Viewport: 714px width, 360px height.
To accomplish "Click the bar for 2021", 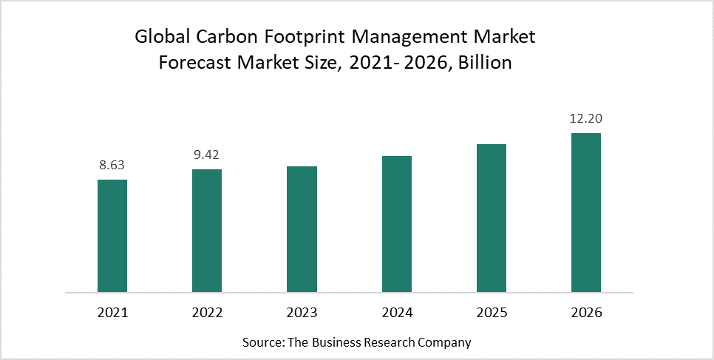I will point(112,235).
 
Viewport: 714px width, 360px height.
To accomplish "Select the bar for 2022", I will point(207,230).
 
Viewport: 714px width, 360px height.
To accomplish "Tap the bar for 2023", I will point(302,228).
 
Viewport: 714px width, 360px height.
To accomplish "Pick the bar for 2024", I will point(397,223).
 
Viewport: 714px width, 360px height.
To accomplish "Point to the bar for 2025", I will point(492,217).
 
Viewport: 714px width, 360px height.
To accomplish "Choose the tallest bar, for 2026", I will point(586,212).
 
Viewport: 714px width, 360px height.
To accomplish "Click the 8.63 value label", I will point(112,166).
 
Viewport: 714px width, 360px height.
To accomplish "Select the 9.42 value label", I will point(207,155).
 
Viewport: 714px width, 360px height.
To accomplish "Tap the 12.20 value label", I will point(586,119).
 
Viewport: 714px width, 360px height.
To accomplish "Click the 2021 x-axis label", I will point(112,313).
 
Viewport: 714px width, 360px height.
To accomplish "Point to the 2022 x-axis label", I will point(207,313).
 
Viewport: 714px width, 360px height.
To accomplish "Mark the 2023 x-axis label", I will point(302,313).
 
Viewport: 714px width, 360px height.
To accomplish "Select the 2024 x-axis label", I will point(397,313).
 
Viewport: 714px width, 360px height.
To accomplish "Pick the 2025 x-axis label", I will point(492,313).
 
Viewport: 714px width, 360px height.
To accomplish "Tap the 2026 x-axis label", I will point(586,313).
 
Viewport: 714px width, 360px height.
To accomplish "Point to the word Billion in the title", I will point(485,62).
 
